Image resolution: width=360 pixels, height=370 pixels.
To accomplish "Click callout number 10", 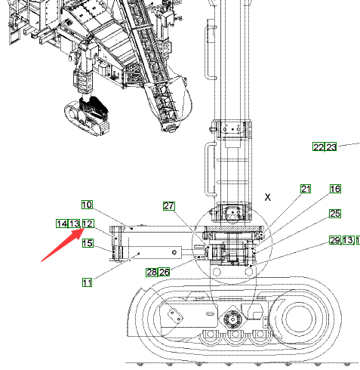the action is coord(87,205).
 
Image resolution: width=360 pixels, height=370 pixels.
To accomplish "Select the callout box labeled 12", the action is coord(88,224).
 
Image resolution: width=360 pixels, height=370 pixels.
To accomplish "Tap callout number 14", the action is coord(62,224).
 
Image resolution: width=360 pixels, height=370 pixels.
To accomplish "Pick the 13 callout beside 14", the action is coord(75,224).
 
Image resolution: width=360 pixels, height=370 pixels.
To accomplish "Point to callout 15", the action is coord(88,243).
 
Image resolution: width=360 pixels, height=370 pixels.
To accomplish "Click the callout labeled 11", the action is coord(87,282).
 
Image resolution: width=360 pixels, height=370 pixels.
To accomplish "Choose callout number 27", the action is coord(169,206).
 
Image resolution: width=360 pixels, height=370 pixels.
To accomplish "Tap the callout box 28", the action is coord(152,272).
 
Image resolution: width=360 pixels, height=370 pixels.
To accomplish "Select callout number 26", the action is coord(164,272).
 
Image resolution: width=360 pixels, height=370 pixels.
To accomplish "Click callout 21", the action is coord(306,189).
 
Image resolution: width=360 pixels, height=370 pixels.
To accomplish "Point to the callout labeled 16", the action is coord(335,189).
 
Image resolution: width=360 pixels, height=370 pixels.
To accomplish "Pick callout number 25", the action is coord(335,214).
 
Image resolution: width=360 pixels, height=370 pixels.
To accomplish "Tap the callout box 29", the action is coord(335,240).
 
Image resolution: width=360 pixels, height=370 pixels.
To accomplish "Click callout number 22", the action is coord(318,146).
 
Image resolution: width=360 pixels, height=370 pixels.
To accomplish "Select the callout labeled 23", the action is coord(331,146).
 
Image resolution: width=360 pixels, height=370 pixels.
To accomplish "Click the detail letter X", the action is coord(268,197).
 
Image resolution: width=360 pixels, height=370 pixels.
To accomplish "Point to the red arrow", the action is coord(62,245).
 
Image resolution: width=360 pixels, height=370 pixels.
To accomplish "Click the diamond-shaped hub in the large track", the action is coord(233,319).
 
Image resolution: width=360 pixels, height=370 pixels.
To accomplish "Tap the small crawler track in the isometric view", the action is coord(87,119).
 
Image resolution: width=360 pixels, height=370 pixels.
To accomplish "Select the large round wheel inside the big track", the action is coord(300,319).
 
